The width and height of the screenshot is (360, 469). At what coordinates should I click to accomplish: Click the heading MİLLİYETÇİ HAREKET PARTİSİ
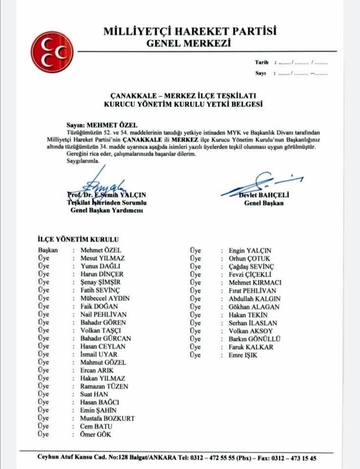coord(190,32)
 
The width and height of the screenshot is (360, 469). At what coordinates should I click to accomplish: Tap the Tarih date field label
coord(262,63)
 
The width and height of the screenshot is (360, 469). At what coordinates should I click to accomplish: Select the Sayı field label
coord(260,73)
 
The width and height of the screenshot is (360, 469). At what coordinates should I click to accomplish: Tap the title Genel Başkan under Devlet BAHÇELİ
coord(264,203)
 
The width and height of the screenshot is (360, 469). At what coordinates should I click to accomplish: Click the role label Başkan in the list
coord(48,250)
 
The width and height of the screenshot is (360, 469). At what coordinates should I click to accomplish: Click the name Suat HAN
coord(94,394)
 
